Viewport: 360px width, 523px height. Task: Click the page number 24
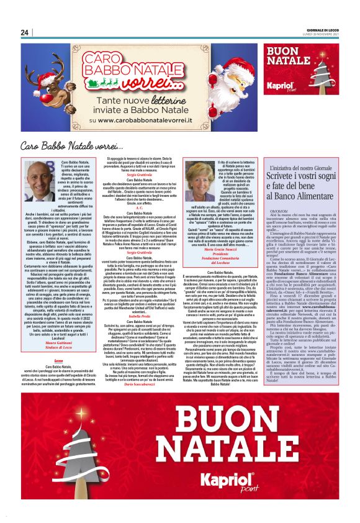click(x=25, y=32)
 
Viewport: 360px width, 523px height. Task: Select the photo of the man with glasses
click(x=40, y=180)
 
